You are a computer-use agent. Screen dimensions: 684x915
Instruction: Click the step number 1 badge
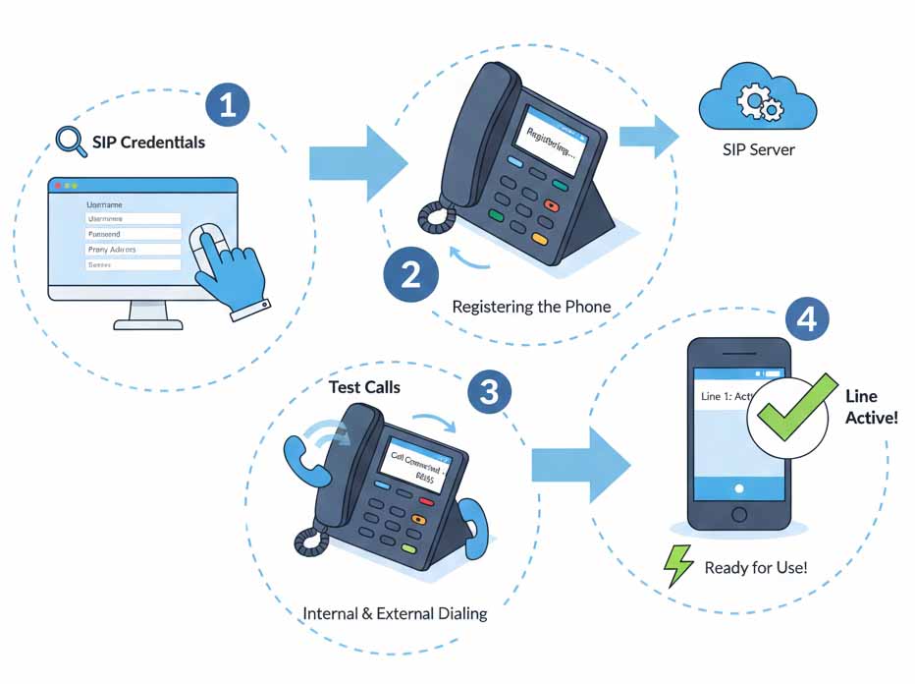(x=228, y=105)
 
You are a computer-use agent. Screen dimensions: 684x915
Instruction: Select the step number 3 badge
(x=488, y=393)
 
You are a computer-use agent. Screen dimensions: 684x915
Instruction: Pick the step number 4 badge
(x=806, y=318)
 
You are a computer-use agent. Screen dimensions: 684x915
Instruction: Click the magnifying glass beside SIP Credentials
(x=71, y=142)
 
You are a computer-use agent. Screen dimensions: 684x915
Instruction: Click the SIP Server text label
(x=757, y=150)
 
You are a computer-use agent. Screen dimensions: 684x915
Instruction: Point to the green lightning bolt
(x=678, y=565)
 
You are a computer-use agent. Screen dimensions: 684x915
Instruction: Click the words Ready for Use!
(x=755, y=568)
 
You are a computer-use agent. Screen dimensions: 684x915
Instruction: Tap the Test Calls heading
(x=364, y=387)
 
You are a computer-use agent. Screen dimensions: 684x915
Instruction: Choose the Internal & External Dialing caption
(x=395, y=614)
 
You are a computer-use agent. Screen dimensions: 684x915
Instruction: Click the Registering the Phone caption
(x=531, y=307)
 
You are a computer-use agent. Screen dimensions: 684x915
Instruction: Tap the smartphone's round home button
(x=739, y=515)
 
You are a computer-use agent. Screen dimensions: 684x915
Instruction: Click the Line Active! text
(x=871, y=407)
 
